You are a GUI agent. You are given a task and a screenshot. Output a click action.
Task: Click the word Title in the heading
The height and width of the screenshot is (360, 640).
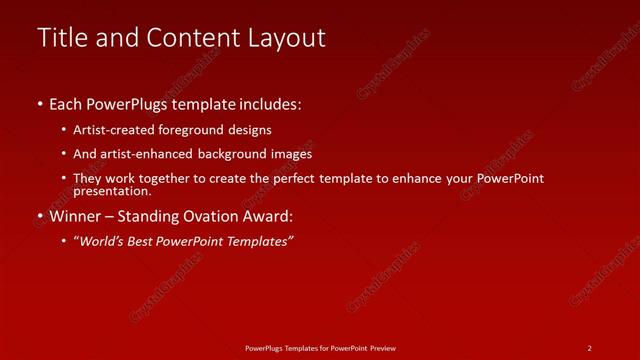pos(61,38)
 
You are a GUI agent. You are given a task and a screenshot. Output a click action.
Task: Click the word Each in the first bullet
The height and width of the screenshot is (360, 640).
pos(66,104)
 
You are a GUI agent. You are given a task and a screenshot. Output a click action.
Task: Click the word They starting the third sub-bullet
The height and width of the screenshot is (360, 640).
pos(88,178)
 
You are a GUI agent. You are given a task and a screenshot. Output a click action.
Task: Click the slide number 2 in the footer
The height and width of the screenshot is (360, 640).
pos(589,348)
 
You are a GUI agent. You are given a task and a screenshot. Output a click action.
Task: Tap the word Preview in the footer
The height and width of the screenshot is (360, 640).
pos(380,348)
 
